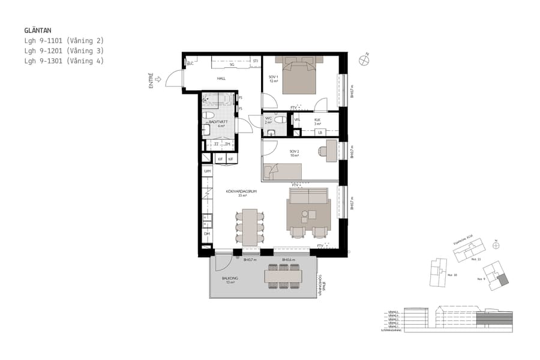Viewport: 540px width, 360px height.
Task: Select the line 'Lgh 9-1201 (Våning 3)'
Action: (64, 51)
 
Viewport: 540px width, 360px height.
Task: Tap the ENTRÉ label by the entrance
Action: (151, 81)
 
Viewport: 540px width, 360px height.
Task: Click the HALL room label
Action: (221, 79)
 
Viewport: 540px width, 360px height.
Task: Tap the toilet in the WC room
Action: (277, 120)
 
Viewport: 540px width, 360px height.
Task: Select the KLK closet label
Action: (317, 120)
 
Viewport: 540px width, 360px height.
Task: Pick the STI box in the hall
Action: (255, 61)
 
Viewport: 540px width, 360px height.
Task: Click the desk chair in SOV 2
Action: (323, 151)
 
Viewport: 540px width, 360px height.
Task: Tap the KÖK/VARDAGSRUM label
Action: (238, 192)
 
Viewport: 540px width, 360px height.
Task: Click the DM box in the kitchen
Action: (207, 234)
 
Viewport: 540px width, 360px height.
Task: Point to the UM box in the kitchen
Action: (208, 172)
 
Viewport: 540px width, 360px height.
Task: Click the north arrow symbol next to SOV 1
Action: (364, 59)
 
